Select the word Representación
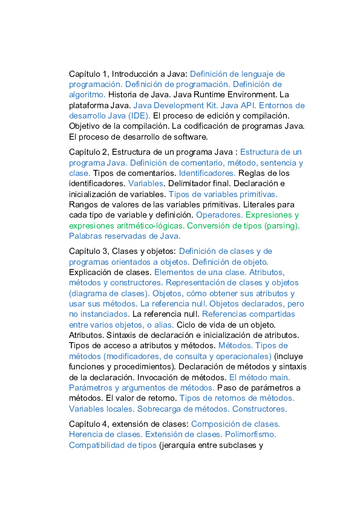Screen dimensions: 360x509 coord(195,282)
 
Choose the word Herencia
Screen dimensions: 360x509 coord(86,434)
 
